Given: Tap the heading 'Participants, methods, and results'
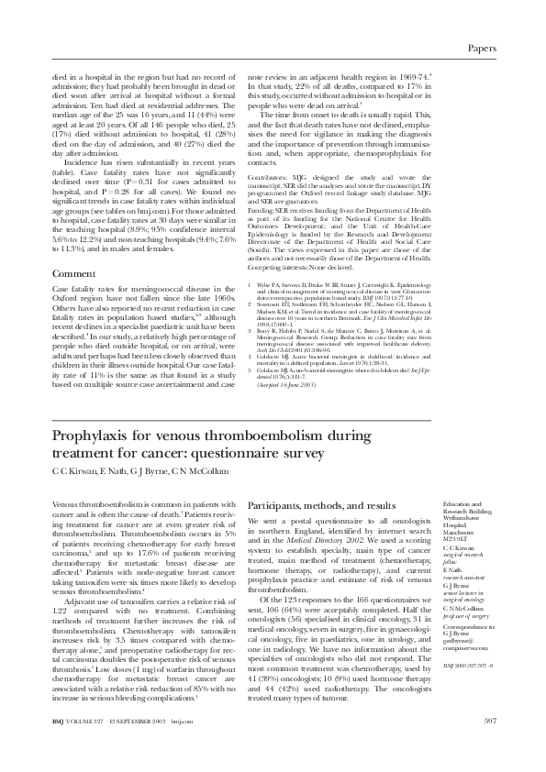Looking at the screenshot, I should point(322,504).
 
